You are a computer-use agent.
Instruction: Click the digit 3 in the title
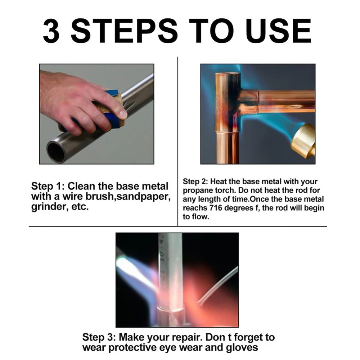[x=51, y=31]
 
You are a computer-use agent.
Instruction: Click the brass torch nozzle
[x=303, y=141]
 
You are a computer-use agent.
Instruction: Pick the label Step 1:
[x=48, y=186]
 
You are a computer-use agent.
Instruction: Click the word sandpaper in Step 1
[x=144, y=197]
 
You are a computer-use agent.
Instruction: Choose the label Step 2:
[x=195, y=181]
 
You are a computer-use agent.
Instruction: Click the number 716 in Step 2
[x=216, y=208]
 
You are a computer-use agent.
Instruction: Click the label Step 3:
[x=99, y=337]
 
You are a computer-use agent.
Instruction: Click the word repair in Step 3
[x=187, y=338]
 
